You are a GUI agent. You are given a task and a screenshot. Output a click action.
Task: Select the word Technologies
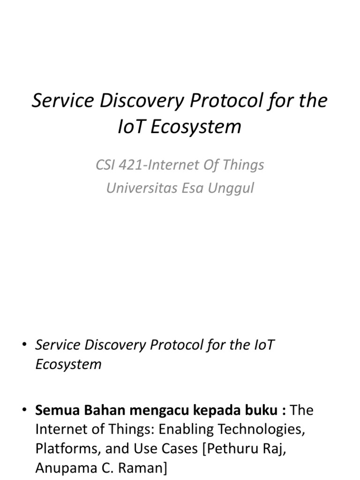pyautogui.click(x=260, y=429)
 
